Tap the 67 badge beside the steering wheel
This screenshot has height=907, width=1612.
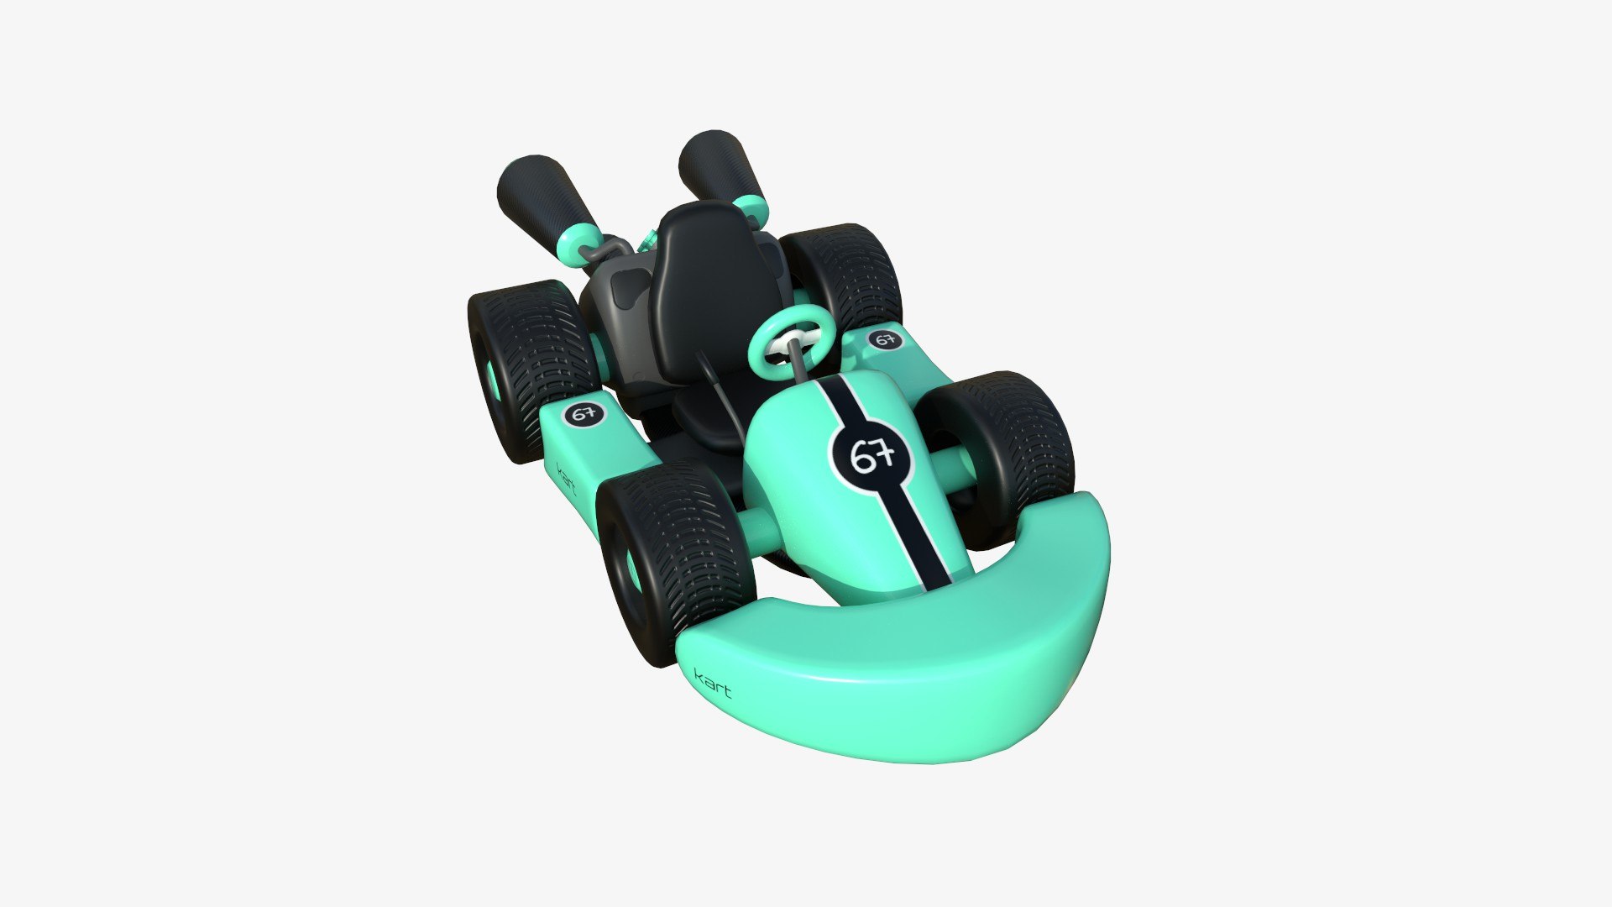(883, 339)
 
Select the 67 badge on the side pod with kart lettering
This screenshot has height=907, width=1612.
(584, 413)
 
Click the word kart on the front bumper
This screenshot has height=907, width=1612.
(713, 682)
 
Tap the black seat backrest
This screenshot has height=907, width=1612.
(705, 277)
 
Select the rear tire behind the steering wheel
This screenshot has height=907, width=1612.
(844, 273)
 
